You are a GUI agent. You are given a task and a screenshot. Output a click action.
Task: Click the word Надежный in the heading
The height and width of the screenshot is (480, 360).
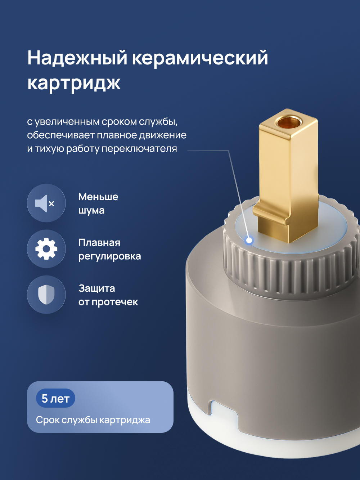(x=77, y=58)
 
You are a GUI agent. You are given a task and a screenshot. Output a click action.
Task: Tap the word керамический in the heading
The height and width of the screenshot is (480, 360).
(x=200, y=58)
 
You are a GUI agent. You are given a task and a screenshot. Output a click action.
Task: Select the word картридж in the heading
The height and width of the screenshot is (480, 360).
(x=74, y=83)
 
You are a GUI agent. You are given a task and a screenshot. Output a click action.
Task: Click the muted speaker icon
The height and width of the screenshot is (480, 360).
(x=46, y=203)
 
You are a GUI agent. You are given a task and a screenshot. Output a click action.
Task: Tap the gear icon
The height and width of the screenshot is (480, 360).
(x=46, y=249)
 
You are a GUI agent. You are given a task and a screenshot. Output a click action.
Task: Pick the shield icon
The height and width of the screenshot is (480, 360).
(x=46, y=295)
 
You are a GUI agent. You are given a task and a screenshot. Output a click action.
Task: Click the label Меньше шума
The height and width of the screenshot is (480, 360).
(x=98, y=203)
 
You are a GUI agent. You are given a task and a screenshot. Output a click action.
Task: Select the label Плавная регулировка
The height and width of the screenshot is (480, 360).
(x=109, y=249)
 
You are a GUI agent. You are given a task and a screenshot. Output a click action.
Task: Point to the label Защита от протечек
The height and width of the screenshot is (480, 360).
(x=108, y=295)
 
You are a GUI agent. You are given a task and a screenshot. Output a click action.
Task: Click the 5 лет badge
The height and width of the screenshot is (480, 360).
(x=55, y=398)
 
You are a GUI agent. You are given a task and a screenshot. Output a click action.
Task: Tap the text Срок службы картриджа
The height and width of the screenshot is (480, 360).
(x=93, y=420)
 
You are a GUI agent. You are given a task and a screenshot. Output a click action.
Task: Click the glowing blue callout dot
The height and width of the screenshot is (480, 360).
(x=249, y=240)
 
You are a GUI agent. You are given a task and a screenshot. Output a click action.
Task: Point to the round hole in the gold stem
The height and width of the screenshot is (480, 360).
(x=288, y=122)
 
